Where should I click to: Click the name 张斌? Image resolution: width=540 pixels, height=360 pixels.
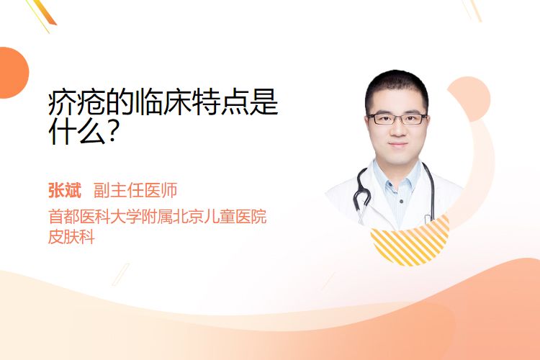[x=65, y=191]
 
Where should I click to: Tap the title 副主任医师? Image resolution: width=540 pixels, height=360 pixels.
[x=135, y=191]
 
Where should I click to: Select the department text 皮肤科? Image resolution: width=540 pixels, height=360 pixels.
[x=71, y=237]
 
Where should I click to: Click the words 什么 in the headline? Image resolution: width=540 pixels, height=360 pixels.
[x=77, y=131]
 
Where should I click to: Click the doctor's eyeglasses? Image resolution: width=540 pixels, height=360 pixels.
[x=397, y=119]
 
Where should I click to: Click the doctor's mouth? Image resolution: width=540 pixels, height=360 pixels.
[x=398, y=144]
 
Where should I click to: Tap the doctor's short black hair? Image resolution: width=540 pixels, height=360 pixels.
[x=397, y=87]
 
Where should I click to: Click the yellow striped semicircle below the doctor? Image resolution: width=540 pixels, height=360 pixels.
[x=410, y=241]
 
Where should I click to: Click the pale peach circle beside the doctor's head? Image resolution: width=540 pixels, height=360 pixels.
[x=472, y=97]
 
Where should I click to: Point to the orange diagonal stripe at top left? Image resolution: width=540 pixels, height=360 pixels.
[x=45, y=12]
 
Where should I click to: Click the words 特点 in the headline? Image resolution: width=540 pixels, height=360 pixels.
[x=207, y=102]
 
